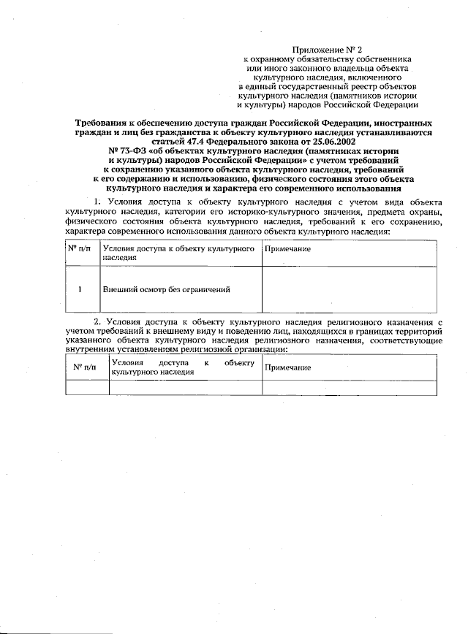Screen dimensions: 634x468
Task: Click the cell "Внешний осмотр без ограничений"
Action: click(167, 289)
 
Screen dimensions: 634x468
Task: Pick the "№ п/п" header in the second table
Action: click(86, 367)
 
